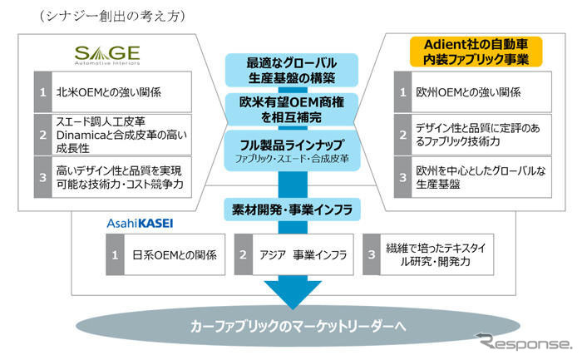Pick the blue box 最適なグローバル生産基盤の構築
point(289,71)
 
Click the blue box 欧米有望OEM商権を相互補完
point(289,109)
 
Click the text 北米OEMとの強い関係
point(86,92)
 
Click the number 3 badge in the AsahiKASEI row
point(372,254)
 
